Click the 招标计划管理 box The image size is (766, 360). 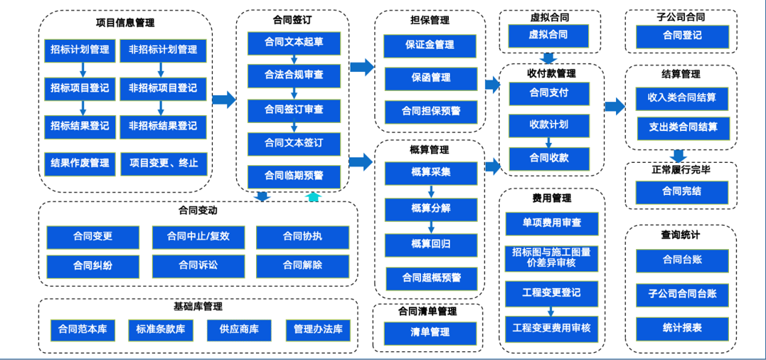[x=80, y=50]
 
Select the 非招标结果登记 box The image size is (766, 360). [x=163, y=126]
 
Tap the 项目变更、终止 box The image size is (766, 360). [x=163, y=164]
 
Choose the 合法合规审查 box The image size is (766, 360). [x=293, y=75]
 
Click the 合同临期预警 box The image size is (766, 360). [x=293, y=176]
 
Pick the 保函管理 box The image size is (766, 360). [x=430, y=78]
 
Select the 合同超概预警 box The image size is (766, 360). [x=430, y=278]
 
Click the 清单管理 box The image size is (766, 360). [x=430, y=332]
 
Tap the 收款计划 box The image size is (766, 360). [x=548, y=125]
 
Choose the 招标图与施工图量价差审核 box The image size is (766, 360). [x=551, y=257]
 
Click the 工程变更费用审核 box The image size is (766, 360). [x=551, y=328]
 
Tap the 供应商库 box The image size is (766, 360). [x=238, y=329]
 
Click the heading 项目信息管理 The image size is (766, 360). [x=124, y=22]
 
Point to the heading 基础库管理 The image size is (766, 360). [x=198, y=307]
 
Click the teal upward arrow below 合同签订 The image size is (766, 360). [x=314, y=197]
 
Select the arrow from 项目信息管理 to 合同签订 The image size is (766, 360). [x=224, y=100]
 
